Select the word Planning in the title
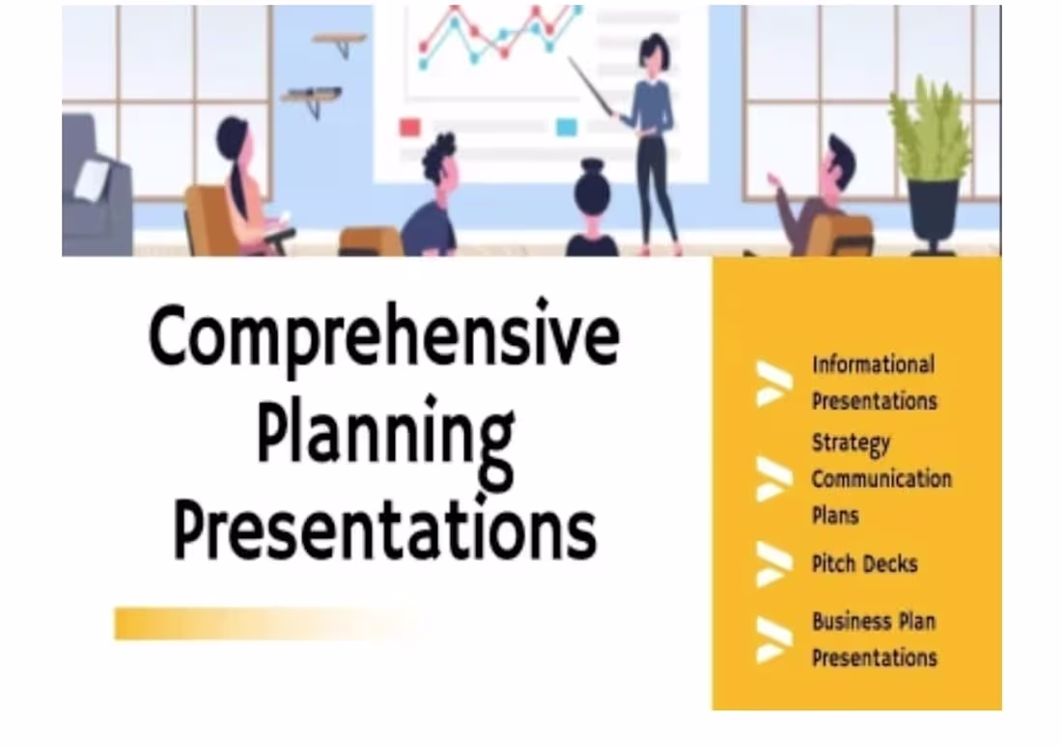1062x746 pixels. coord(385,437)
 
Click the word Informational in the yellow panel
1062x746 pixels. coord(873,365)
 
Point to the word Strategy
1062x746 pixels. coord(850,444)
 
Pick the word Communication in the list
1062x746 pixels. coord(880,479)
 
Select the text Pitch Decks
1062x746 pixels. coord(864,563)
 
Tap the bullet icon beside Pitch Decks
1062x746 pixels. coord(773,564)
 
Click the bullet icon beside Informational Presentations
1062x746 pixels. coord(773,383)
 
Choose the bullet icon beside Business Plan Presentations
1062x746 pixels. coord(773,639)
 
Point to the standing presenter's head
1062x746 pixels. coord(654,54)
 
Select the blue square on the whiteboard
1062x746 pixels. coord(567,127)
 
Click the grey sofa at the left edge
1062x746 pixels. coord(95,188)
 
